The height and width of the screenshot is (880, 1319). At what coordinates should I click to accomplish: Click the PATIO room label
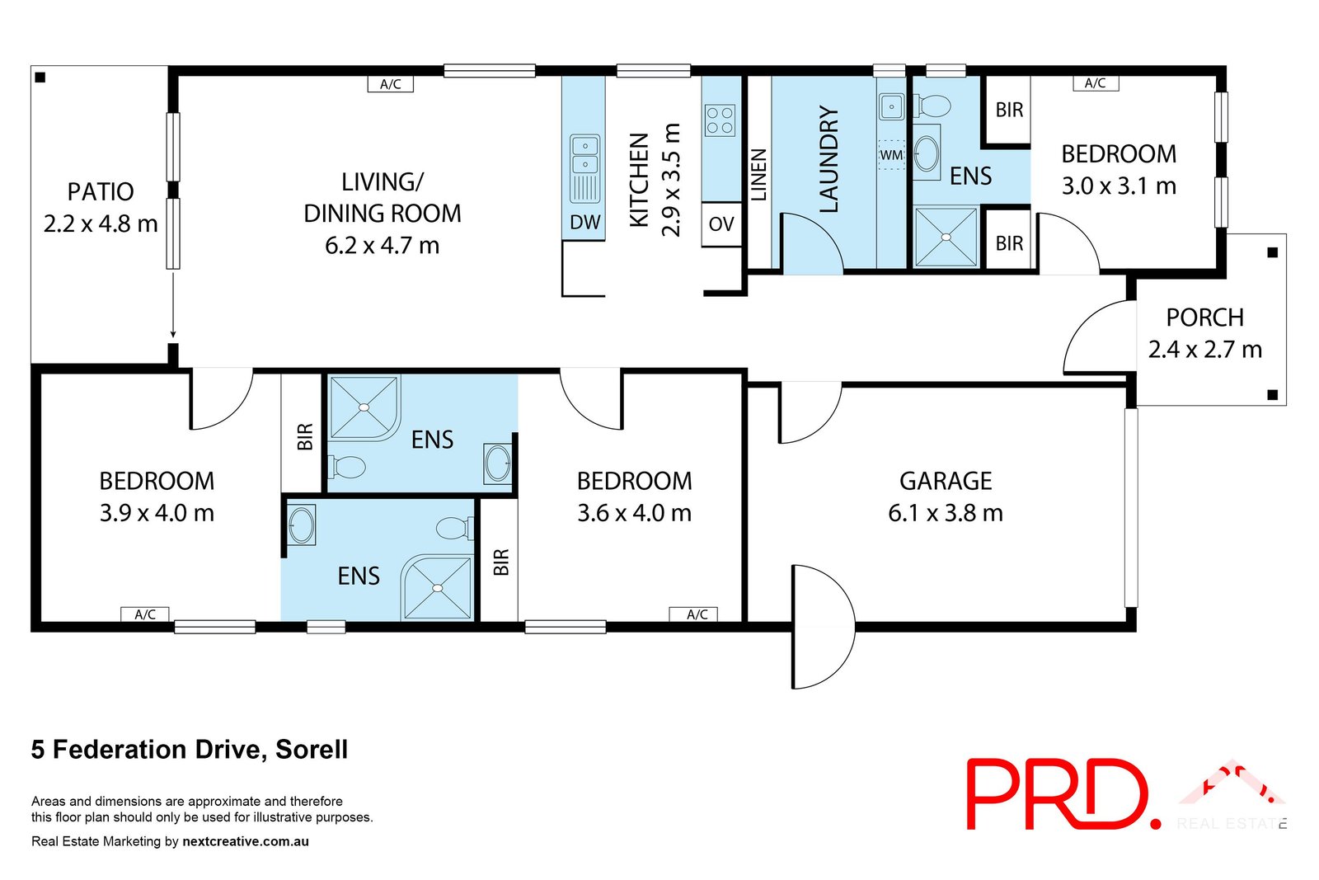[x=101, y=191]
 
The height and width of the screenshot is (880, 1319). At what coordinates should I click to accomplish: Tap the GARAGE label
[x=946, y=481]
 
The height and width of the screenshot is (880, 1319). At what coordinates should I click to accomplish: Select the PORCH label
[x=1204, y=318]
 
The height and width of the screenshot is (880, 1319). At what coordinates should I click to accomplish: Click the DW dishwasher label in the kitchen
[x=584, y=222]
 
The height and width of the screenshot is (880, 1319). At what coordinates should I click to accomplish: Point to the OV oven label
[x=721, y=224]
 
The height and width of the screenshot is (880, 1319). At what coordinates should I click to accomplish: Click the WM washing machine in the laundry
[x=891, y=155]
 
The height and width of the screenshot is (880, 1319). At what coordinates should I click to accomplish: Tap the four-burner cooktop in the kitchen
[x=720, y=120]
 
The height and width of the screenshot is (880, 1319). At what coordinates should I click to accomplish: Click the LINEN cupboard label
[x=758, y=174]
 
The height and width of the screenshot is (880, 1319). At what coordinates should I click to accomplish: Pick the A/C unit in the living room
[x=390, y=84]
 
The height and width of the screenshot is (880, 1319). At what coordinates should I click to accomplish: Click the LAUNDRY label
[x=828, y=159]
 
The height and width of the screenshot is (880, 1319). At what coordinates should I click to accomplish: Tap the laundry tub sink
[x=891, y=107]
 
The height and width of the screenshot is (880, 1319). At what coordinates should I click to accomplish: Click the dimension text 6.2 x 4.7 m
[x=382, y=246]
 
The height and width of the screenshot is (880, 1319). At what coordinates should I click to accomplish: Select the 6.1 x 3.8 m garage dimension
[x=946, y=513]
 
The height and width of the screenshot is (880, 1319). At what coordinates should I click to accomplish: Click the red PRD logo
[x=1060, y=794]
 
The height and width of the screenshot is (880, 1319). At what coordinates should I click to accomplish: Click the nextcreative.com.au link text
[x=246, y=841]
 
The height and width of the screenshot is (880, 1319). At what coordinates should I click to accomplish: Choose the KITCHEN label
[x=639, y=180]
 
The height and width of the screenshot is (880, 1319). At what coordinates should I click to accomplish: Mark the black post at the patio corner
[x=40, y=78]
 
